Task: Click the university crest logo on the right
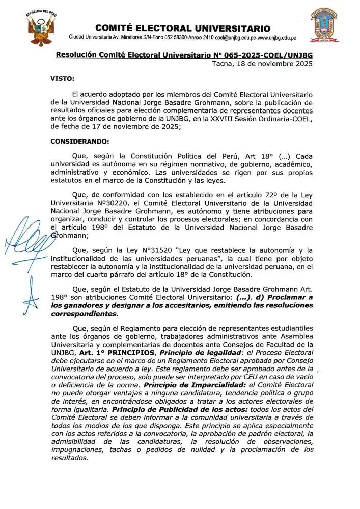[324, 25]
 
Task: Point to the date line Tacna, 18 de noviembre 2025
[262, 64]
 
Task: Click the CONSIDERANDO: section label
[79, 141]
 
